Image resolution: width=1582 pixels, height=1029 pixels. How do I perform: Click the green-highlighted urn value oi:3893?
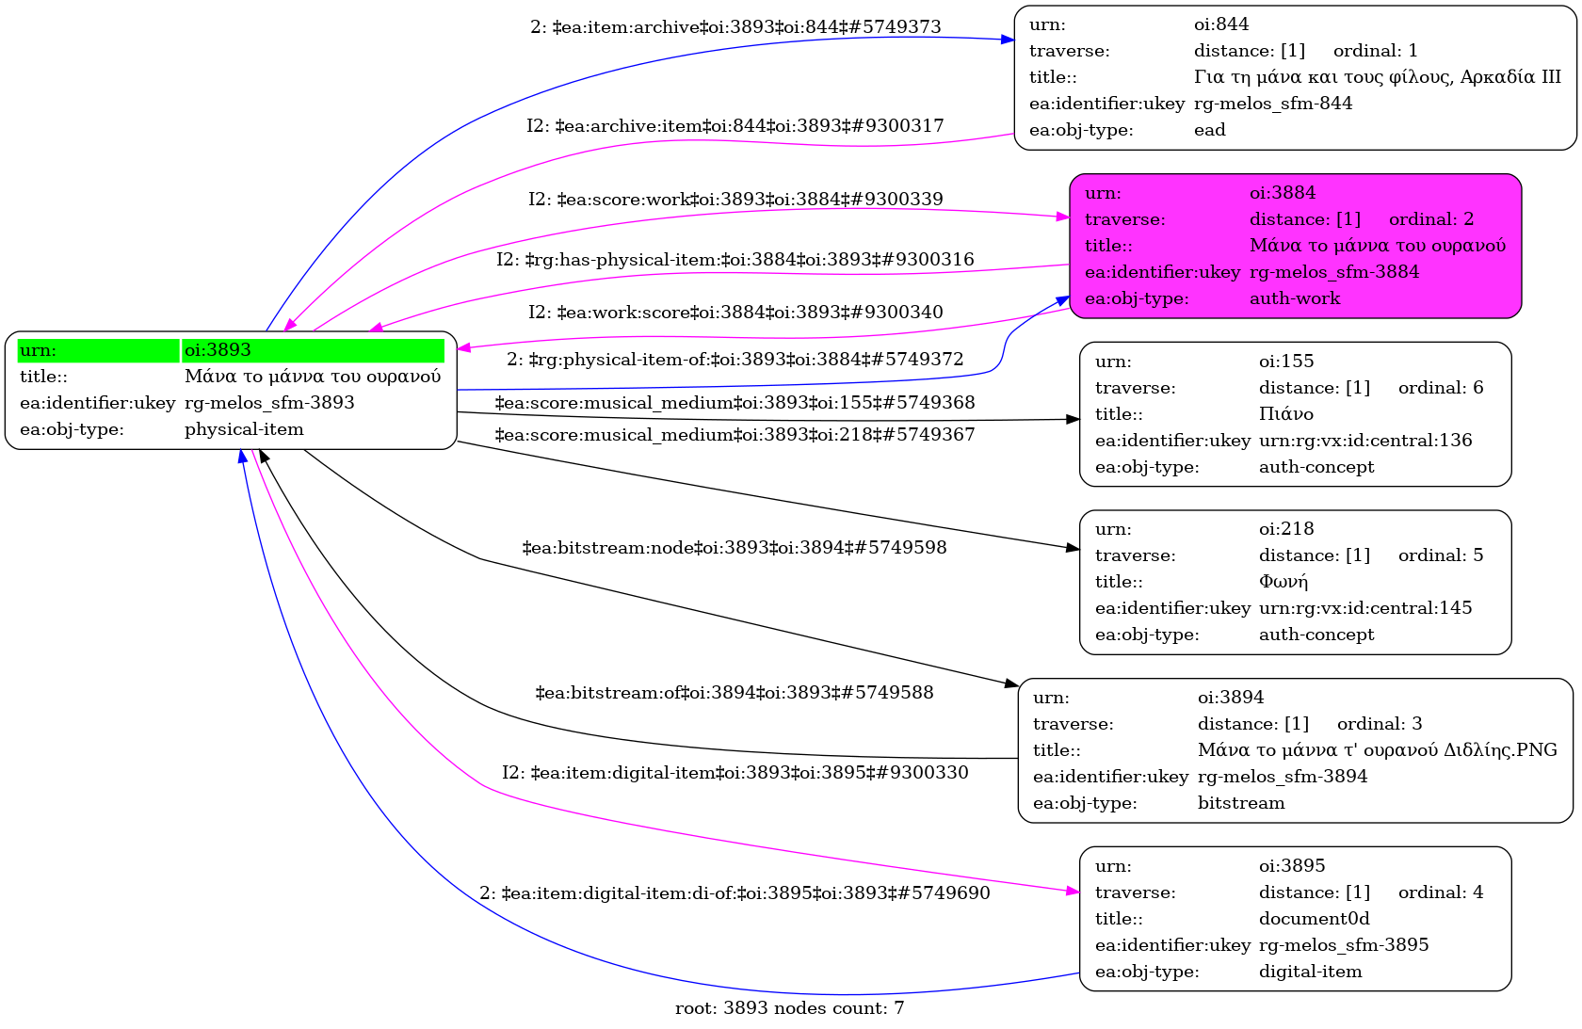218,350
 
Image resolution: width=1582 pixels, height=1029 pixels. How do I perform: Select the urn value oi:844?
1221,24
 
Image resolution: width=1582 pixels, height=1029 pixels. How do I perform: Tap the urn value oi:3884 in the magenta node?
1283,193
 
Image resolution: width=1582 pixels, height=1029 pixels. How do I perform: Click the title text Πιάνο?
1285,414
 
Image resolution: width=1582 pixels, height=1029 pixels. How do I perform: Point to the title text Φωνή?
1283,582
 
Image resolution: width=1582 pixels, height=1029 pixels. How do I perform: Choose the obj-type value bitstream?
1241,803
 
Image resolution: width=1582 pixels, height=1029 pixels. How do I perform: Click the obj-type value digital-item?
1310,972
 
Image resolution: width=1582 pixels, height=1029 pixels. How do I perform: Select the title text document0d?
1314,919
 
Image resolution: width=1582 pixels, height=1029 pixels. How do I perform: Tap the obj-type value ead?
1209,130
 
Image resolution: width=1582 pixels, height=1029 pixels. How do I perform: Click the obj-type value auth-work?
1295,298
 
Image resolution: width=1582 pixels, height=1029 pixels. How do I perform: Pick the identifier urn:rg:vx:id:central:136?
1365,441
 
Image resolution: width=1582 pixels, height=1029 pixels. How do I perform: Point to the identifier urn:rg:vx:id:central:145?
1365,608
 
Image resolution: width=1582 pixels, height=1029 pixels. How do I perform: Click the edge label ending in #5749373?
735,27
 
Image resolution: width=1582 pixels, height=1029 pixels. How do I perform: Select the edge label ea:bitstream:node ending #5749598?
734,548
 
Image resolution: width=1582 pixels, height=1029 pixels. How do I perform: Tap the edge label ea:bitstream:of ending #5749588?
734,693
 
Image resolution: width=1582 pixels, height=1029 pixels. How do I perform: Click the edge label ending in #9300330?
734,773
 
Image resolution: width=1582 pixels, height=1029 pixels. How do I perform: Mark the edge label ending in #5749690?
734,893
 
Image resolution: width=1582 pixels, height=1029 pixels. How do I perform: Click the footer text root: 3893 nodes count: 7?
789,1008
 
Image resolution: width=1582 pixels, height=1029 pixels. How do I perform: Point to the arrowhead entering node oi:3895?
1073,891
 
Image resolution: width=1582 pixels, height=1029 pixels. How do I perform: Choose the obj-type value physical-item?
244,429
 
